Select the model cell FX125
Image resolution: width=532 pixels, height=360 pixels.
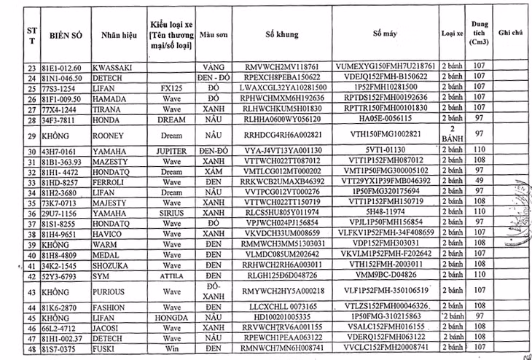(x=171, y=86)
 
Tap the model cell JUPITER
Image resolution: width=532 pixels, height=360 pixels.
(x=171, y=151)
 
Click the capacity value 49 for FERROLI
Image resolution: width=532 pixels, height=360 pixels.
(x=478, y=180)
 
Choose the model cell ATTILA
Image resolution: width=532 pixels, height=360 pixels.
(x=171, y=277)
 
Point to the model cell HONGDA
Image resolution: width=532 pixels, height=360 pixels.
(x=171, y=318)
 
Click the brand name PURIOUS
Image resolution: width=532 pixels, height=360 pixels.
(x=109, y=291)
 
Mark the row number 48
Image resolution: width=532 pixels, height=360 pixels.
(x=31, y=348)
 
